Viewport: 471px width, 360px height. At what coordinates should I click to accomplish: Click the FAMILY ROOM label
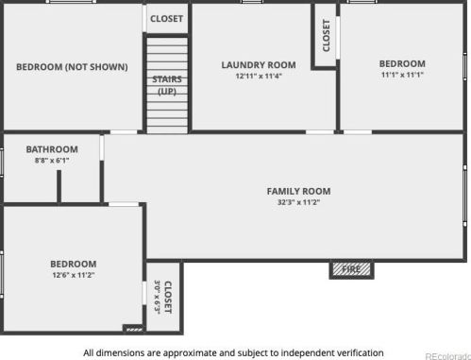coord(298,191)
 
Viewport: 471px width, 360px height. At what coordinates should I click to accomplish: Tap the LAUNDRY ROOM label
coord(259,65)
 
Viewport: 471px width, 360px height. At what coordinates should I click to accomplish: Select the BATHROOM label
coord(52,149)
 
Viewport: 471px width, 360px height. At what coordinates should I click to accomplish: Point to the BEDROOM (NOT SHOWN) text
coord(72,67)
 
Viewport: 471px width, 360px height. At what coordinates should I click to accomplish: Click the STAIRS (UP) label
coord(167,85)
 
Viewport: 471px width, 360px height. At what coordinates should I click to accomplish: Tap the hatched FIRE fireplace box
coord(351,269)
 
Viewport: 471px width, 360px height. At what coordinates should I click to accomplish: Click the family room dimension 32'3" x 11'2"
coord(298,202)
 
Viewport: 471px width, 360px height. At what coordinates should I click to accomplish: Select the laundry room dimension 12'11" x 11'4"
coord(259,76)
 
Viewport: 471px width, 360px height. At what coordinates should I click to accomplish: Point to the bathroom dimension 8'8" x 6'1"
coord(52,161)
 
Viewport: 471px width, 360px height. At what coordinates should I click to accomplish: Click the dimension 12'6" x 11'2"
coord(74,275)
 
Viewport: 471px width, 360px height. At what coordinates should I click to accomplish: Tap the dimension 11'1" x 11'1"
coord(402,75)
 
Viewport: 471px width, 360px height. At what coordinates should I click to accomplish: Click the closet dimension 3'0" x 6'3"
coord(158,297)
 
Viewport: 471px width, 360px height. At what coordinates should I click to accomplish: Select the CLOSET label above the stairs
coord(167,19)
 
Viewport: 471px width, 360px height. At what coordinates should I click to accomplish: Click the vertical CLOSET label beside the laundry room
coord(327,36)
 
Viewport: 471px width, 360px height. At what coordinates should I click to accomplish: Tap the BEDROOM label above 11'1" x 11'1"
coord(402,63)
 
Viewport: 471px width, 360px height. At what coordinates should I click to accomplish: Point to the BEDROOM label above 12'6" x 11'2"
coord(74,264)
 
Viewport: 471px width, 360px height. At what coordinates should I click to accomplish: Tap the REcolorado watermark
coord(447,356)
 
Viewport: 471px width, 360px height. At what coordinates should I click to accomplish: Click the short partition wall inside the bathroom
coord(59,186)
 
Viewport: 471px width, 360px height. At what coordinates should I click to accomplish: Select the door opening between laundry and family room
coord(320,132)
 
